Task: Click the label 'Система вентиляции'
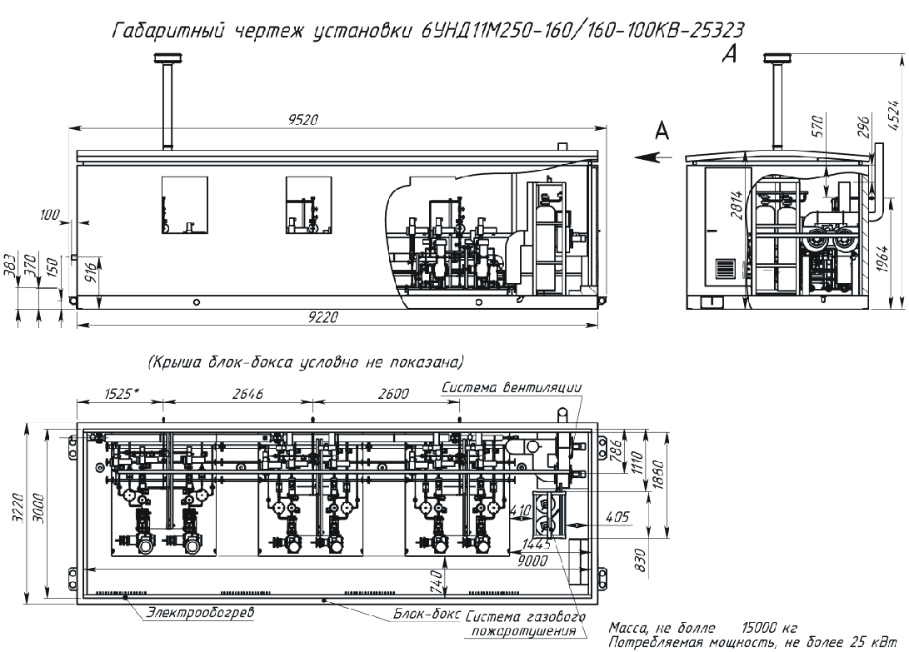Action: click(512, 387)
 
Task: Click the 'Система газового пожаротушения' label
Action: click(522, 625)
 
